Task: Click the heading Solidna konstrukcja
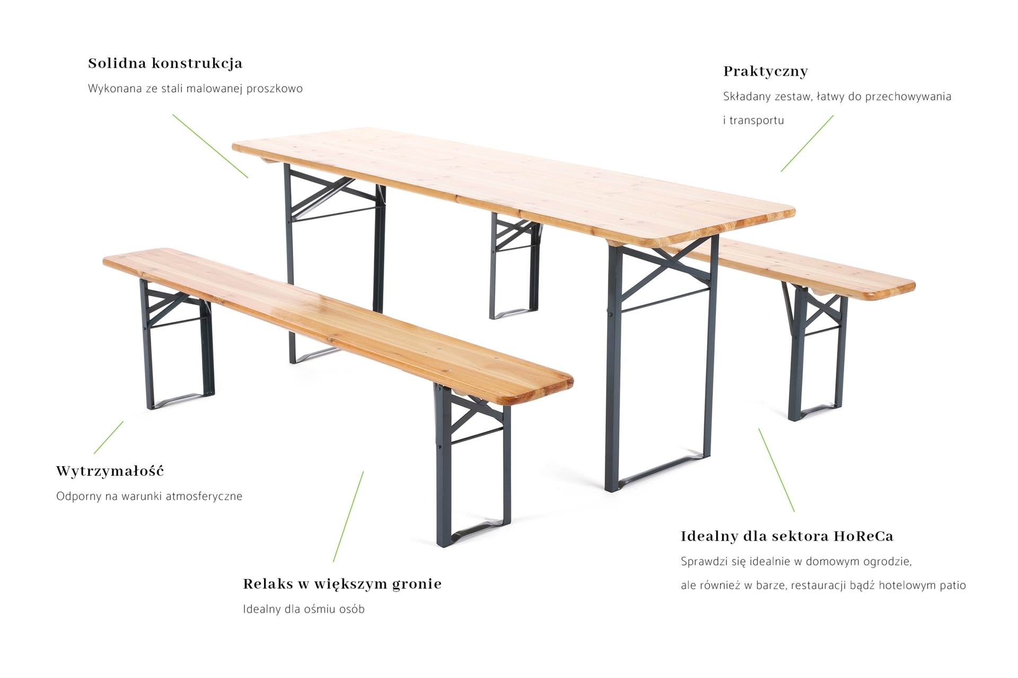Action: (165, 64)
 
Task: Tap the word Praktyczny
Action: (765, 72)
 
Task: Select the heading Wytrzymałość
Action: (110, 471)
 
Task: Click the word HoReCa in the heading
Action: (863, 537)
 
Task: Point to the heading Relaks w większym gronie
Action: (342, 584)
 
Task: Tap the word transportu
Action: (757, 121)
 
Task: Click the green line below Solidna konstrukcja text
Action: (210, 146)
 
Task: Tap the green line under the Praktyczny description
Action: (807, 144)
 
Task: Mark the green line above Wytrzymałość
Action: (109, 438)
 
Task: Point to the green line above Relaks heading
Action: (348, 516)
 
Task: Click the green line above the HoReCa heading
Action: (776, 470)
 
